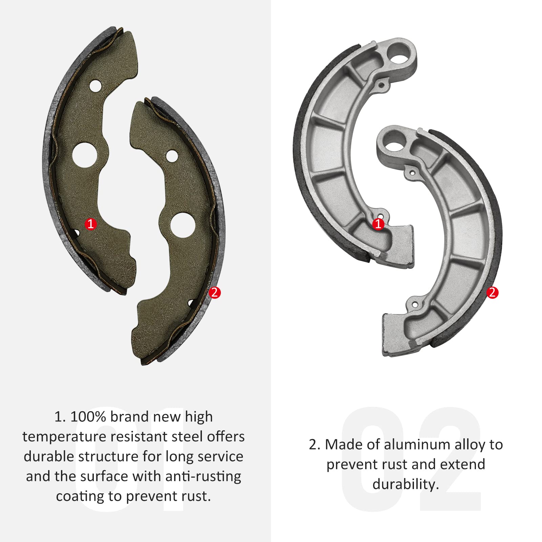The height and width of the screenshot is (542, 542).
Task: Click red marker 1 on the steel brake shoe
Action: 90,224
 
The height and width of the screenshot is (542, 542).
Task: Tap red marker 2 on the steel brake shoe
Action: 214,292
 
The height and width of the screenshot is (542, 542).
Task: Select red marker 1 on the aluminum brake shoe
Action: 378,224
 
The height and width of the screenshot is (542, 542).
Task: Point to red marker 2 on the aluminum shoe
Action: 492,292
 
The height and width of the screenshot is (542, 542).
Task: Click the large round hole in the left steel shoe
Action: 85,155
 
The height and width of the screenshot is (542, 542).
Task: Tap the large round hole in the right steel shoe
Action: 183,225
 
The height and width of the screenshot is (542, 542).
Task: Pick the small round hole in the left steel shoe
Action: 96,86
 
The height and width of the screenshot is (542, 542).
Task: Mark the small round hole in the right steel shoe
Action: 172,156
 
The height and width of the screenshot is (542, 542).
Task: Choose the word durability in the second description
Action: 405,484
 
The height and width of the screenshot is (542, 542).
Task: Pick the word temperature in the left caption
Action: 64,437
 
